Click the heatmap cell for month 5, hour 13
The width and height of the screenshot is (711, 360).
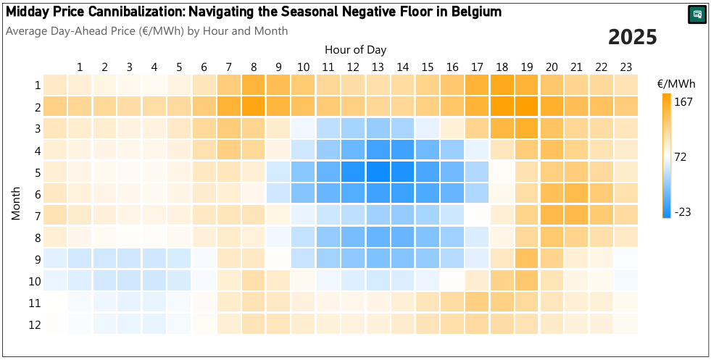tap(378, 172)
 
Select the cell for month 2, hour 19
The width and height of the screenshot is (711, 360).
tap(526, 106)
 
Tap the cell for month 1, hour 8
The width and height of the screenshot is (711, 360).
tap(254, 85)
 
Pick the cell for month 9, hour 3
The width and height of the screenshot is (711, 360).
tap(130, 259)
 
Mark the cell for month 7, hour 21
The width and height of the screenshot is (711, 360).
tap(576, 215)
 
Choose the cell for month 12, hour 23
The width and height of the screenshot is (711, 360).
tap(625, 324)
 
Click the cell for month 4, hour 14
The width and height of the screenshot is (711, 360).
tap(402, 150)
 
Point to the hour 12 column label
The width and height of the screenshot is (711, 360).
tap(353, 67)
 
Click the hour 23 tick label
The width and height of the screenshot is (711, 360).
tap(625, 67)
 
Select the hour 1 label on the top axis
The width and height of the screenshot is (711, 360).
tap(80, 67)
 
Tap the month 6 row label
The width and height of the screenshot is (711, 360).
tap(36, 193)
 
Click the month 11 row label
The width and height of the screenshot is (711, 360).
tap(34, 302)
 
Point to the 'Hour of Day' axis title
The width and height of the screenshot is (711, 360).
tap(355, 50)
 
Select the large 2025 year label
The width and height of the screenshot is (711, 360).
tap(632, 38)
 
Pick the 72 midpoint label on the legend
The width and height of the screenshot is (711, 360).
tap(681, 156)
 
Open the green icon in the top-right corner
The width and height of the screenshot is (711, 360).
tap(697, 14)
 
